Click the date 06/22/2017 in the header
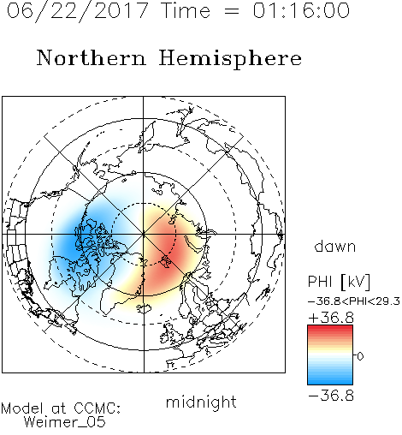(x=78, y=11)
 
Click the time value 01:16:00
(x=301, y=10)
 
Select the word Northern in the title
(x=92, y=57)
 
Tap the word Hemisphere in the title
(x=230, y=59)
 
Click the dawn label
(x=335, y=246)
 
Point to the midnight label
(x=201, y=402)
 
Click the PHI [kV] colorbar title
(x=339, y=282)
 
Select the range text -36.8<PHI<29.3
(x=354, y=301)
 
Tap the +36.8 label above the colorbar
(x=331, y=318)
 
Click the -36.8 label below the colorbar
(x=331, y=396)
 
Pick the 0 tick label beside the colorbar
(x=360, y=356)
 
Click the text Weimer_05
(x=65, y=422)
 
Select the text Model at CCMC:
(x=61, y=408)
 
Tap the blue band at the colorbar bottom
(x=330, y=381)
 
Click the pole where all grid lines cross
(x=144, y=234)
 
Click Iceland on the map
(x=144, y=308)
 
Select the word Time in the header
(x=186, y=10)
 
